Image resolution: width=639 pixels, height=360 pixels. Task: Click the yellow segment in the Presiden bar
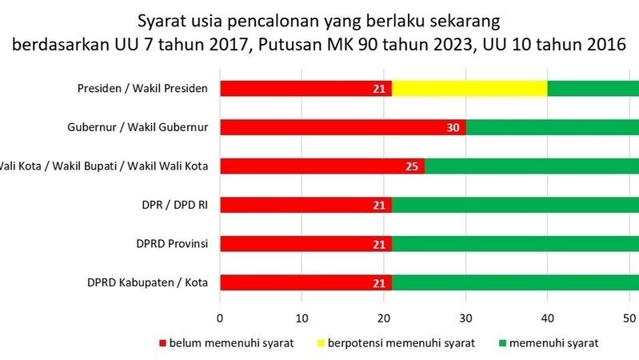(x=469, y=88)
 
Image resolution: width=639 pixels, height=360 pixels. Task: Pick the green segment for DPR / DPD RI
(x=515, y=205)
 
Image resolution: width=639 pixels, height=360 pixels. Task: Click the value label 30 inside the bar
(x=453, y=127)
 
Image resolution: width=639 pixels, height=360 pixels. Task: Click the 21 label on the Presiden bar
(x=380, y=88)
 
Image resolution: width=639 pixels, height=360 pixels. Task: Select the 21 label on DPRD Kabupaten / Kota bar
(x=380, y=282)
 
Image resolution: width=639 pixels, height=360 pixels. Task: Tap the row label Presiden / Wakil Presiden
(x=142, y=88)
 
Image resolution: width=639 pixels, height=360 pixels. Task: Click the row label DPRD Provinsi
(x=170, y=243)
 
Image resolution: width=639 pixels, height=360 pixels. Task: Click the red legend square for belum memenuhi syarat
(x=164, y=343)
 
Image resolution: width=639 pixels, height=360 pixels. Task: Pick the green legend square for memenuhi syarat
(x=502, y=343)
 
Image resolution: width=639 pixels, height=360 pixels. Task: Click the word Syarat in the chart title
(x=161, y=18)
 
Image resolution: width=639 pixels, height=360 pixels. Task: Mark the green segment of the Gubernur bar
(x=552, y=127)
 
